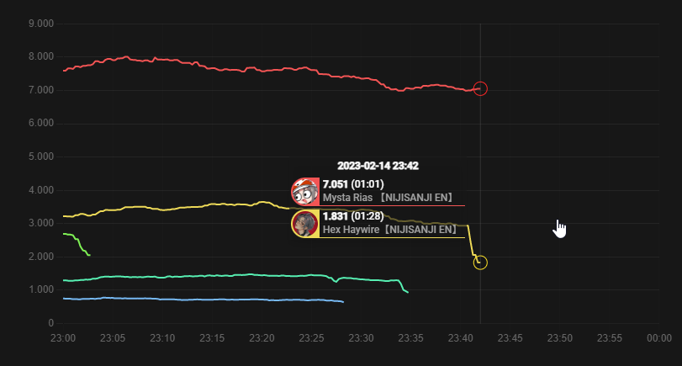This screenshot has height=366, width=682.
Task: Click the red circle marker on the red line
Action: (x=480, y=88)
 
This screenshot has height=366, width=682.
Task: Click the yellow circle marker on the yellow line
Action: (x=480, y=263)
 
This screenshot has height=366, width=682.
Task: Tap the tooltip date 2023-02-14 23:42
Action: (x=378, y=166)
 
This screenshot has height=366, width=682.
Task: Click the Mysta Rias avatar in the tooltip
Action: (x=304, y=191)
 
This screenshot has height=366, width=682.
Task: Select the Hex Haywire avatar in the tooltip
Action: (x=304, y=223)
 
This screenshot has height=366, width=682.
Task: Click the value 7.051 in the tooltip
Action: (x=336, y=184)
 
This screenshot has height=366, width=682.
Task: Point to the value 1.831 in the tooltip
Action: (x=336, y=216)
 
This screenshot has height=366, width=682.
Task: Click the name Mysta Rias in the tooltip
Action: (x=347, y=198)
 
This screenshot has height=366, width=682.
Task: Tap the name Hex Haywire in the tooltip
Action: (x=352, y=229)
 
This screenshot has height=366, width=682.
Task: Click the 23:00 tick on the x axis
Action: (x=63, y=337)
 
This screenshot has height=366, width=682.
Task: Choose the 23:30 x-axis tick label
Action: (x=361, y=337)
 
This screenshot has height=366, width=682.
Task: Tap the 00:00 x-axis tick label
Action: (x=659, y=337)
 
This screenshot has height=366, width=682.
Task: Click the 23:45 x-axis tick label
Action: (x=510, y=337)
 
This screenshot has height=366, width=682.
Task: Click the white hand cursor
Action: (x=559, y=228)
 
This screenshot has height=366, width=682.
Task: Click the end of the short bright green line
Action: (x=89, y=255)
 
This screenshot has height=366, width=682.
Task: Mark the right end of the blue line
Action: (x=343, y=301)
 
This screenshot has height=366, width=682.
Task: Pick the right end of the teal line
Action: (x=408, y=292)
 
